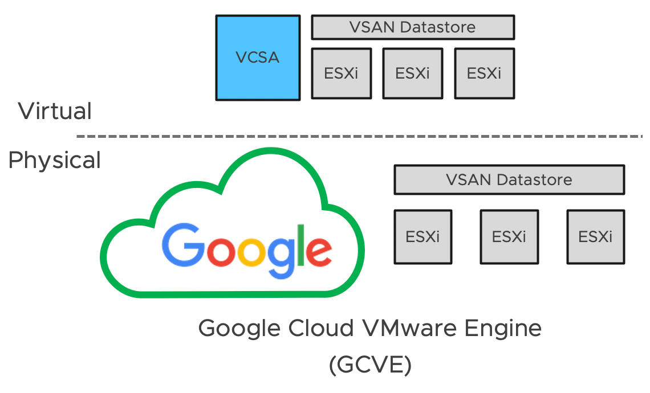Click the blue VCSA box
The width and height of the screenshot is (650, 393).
[258, 58]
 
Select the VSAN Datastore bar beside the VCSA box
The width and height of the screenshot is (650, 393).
[413, 27]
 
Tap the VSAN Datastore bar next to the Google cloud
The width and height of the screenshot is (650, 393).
[509, 180]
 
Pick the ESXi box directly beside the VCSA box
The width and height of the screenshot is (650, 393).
[341, 73]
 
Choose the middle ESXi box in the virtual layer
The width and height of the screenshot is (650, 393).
[412, 73]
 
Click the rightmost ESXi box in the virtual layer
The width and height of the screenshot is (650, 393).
[484, 73]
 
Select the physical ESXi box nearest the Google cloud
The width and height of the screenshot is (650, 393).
[423, 236]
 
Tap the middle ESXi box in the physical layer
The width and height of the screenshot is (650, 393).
[509, 236]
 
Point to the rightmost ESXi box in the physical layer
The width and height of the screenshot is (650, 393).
[595, 236]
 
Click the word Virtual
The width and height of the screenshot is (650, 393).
[55, 110]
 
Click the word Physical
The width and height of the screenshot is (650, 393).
[55, 161]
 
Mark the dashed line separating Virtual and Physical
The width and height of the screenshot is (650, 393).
[359, 137]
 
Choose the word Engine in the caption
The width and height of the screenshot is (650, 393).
[506, 329]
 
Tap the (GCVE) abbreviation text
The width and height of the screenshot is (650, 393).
[370, 365]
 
